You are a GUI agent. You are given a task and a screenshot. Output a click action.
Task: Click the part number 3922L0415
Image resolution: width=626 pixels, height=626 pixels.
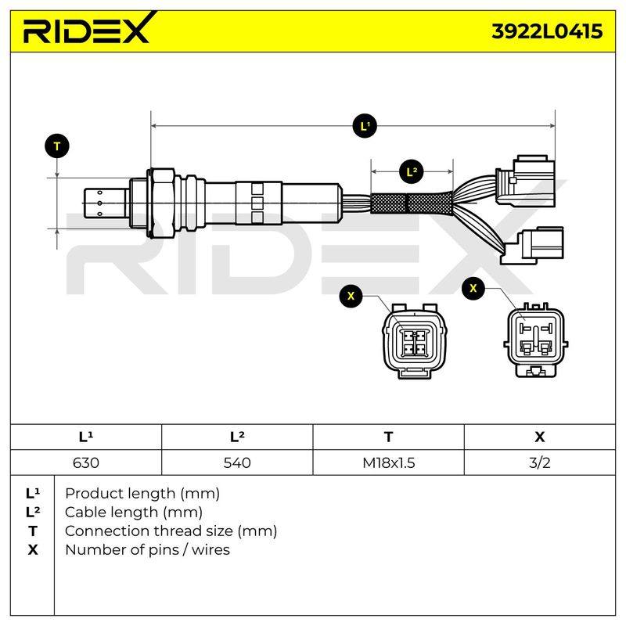(547, 31)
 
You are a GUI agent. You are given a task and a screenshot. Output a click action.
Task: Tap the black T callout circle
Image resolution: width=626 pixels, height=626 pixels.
(57, 146)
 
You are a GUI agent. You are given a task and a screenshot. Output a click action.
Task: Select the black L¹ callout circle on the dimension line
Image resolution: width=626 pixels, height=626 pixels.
(365, 126)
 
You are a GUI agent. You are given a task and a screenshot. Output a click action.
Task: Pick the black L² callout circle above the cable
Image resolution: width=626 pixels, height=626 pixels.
(412, 172)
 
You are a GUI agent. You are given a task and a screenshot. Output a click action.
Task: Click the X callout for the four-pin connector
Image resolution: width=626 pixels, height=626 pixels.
(351, 296)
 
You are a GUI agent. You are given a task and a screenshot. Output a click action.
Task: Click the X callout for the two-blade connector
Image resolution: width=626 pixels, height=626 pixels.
(473, 288)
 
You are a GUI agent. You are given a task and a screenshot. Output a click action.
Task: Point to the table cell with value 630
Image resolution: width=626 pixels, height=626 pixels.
(86, 462)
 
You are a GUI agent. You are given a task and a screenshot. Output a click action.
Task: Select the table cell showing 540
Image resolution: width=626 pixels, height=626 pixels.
(237, 462)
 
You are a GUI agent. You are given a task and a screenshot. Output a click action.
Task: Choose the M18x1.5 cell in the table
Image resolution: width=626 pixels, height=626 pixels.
(388, 462)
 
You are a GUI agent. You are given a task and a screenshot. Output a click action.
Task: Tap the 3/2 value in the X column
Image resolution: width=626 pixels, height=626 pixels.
(540, 462)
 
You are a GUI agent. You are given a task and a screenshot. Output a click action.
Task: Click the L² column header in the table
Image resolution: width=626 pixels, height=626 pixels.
(237, 437)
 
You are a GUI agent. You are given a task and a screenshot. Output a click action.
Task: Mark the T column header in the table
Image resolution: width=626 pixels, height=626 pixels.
(388, 437)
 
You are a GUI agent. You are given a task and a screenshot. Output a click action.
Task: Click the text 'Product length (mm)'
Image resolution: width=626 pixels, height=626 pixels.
(142, 494)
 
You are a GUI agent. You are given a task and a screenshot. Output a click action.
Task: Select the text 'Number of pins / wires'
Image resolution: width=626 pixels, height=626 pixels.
(147, 550)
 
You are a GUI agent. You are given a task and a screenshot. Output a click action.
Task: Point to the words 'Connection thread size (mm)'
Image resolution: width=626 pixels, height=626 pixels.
(171, 531)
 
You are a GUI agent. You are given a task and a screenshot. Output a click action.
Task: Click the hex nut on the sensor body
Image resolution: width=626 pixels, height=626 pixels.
(161, 203)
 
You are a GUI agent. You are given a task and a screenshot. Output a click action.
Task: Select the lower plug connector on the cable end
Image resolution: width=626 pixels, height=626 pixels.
(533, 246)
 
